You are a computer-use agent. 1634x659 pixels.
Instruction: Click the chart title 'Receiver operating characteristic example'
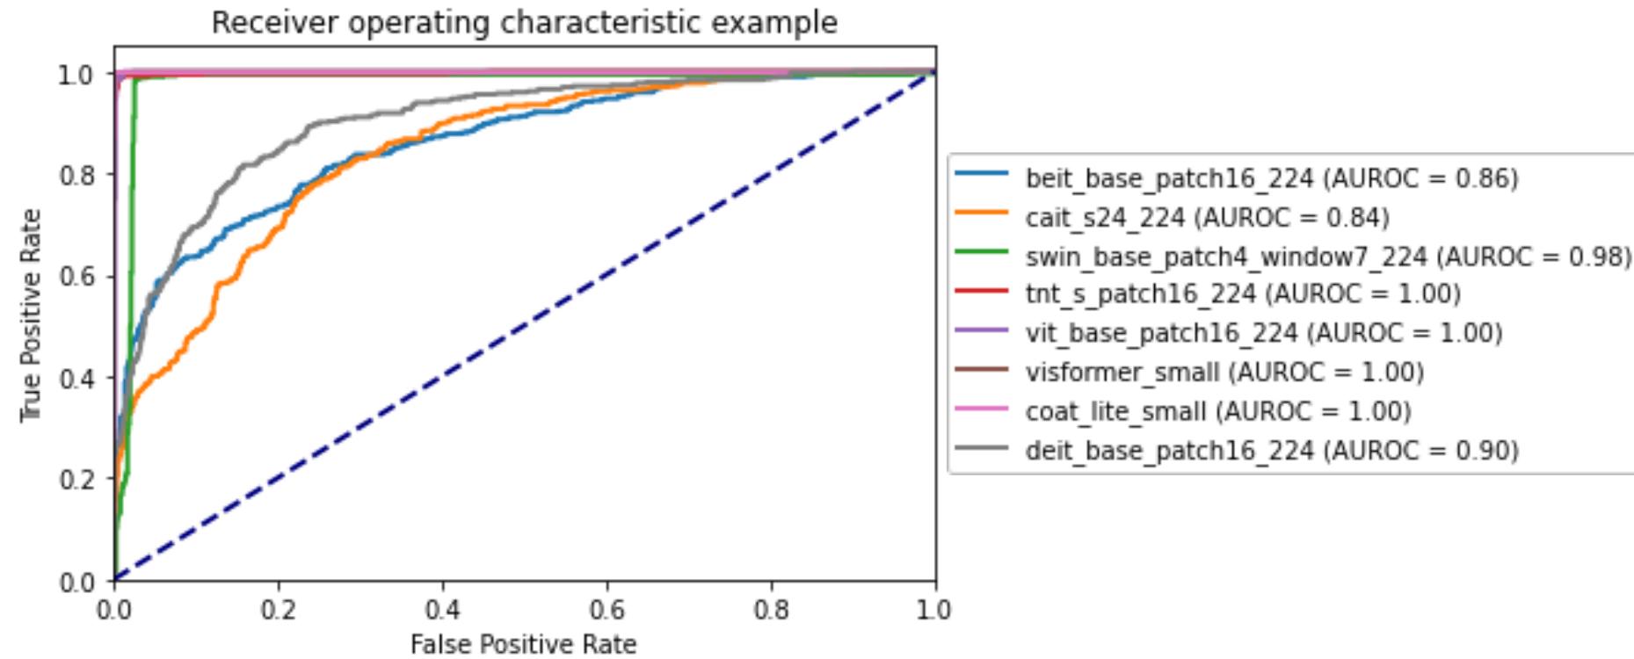click(x=524, y=22)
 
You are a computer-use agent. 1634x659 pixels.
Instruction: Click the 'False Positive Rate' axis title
click(x=523, y=644)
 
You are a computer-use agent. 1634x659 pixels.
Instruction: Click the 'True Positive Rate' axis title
click(x=31, y=315)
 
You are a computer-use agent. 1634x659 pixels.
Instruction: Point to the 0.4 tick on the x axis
click(x=443, y=609)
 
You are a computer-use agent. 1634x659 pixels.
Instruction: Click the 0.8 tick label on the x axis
click(x=771, y=609)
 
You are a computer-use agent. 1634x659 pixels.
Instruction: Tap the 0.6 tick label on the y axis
click(x=75, y=277)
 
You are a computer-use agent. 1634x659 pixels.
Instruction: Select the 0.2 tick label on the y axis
click(x=75, y=480)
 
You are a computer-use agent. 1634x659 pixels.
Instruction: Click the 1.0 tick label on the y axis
click(x=75, y=75)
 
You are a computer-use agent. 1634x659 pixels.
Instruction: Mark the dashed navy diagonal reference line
click(x=525, y=326)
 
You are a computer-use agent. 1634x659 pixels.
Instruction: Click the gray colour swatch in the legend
click(x=981, y=449)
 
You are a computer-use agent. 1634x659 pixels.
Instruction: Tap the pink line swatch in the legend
click(x=981, y=409)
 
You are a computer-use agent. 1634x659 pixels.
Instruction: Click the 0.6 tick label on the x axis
click(x=606, y=609)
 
